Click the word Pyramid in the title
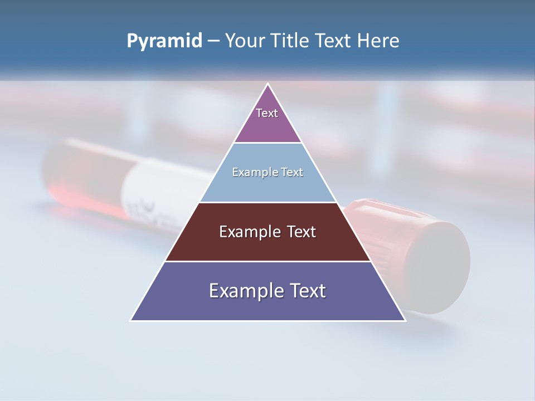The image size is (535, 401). coord(164,41)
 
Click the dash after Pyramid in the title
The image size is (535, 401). coord(213,41)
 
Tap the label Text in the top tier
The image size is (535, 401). coord(267,113)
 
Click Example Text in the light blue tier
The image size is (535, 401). coord(267,172)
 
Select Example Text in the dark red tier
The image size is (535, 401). coord(267,232)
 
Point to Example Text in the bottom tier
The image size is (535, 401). coord(267,291)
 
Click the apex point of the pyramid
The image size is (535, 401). coord(268,84)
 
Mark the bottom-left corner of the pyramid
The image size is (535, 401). coord(131,320)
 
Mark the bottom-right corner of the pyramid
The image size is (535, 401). coord(405,320)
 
